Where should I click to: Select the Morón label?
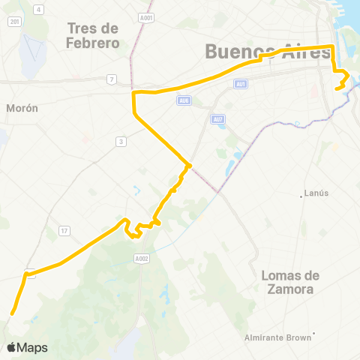22,108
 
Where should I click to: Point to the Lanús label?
317,193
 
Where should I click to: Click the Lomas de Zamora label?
290,282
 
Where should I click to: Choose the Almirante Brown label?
277,337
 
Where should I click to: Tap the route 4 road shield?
37,10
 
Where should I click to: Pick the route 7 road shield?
111,79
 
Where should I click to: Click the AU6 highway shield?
184,100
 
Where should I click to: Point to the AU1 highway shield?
240,84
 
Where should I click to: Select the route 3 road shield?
120,141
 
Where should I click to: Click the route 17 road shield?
64,230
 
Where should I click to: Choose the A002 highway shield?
142,258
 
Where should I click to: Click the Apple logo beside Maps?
12,347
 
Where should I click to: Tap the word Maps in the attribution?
33,347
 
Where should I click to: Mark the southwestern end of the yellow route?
11,313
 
